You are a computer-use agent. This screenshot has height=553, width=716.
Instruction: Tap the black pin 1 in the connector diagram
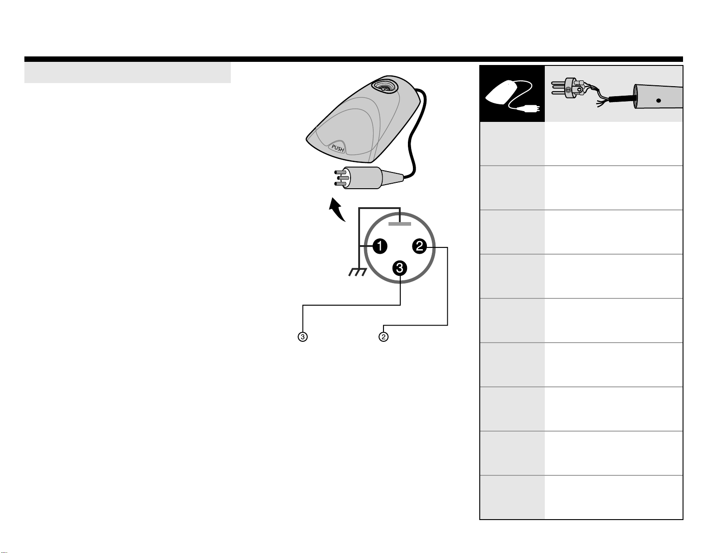[379, 246]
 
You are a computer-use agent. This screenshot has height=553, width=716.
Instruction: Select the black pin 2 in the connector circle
[419, 246]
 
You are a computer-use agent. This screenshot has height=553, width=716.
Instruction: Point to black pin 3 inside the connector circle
[400, 268]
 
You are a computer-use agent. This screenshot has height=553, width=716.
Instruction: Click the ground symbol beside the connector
[357, 273]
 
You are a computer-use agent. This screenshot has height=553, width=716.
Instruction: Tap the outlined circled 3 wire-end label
[302, 337]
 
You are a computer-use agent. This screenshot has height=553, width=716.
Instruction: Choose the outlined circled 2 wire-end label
[383, 337]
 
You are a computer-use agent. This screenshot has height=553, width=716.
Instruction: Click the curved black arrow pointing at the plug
[337, 209]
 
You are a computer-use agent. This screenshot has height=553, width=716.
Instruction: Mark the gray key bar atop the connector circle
[400, 224]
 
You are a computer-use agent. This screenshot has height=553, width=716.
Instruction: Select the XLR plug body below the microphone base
[361, 177]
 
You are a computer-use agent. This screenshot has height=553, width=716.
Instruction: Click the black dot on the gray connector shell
[658, 101]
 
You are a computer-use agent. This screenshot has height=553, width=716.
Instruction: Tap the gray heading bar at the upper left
[127, 73]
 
